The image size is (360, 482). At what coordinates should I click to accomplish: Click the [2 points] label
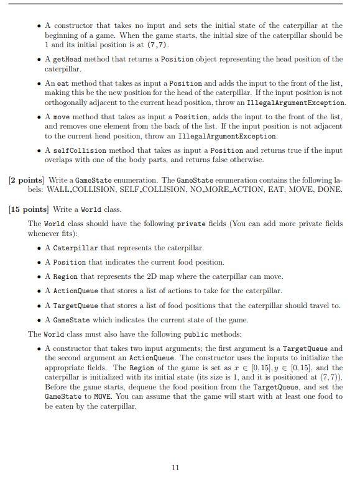click(x=25, y=180)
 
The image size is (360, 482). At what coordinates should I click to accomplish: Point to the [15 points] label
click(x=29, y=209)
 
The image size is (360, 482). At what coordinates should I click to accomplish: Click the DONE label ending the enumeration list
click(x=329, y=189)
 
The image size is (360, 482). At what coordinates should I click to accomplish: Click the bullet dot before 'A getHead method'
click(x=39, y=60)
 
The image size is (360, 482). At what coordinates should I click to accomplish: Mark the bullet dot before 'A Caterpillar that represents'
click(x=39, y=248)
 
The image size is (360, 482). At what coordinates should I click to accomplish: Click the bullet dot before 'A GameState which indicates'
click(x=39, y=321)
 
